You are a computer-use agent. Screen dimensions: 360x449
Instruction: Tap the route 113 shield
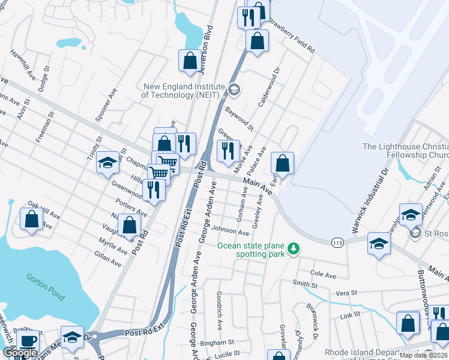[337, 242]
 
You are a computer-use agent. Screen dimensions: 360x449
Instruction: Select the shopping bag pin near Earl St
[282, 163]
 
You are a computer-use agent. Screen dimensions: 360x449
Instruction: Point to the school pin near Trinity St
[108, 163]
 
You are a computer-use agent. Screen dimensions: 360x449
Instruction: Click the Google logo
[19, 353]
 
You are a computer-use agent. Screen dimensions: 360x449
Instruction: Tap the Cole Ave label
[323, 274]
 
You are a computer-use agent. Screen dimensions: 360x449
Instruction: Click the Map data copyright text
[423, 355]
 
